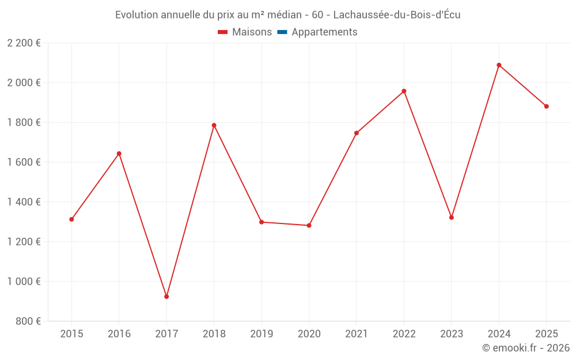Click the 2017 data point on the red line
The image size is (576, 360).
pyautogui.click(x=166, y=297)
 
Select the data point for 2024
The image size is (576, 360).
pyautogui.click(x=499, y=65)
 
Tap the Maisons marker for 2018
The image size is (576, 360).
pyautogui.click(x=214, y=126)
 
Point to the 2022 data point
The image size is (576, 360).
pyautogui.click(x=404, y=91)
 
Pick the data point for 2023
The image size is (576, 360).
pyautogui.click(x=452, y=218)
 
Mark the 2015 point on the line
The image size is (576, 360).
pyautogui.click(x=71, y=219)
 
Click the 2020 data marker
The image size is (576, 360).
pyautogui.click(x=309, y=225)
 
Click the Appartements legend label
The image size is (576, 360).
pyautogui.click(x=324, y=32)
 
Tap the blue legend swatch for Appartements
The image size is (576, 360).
pyautogui.click(x=282, y=32)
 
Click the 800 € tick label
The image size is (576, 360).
pyautogui.click(x=29, y=321)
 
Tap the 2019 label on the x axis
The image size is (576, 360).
pyautogui.click(x=262, y=334)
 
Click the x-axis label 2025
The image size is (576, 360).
pyautogui.click(x=546, y=334)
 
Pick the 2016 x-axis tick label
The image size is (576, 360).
pyautogui.click(x=119, y=334)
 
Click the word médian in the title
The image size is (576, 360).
pyautogui.click(x=283, y=15)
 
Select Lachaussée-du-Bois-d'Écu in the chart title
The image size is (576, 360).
pyautogui.click(x=397, y=15)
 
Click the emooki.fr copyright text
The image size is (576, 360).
pyautogui.click(x=526, y=348)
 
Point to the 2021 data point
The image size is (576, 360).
pyautogui.click(x=357, y=133)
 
